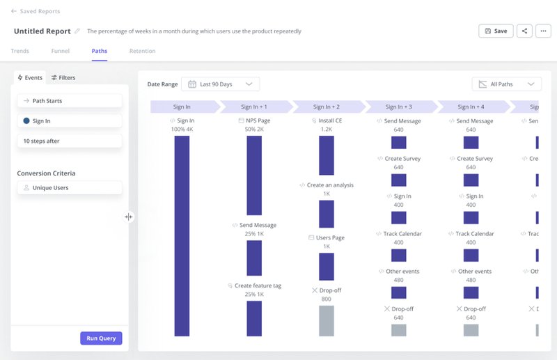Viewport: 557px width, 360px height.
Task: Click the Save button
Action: click(496, 31)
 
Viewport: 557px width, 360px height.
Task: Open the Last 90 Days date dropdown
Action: click(220, 84)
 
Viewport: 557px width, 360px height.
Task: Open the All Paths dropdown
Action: click(506, 84)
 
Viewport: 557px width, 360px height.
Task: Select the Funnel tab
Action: click(60, 52)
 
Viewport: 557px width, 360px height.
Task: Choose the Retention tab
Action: click(142, 52)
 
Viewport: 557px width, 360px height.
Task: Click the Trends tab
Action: click(20, 52)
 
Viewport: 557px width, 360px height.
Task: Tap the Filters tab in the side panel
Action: click(63, 78)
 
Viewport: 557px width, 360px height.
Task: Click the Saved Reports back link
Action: click(36, 12)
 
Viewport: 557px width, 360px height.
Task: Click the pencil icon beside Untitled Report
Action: click(77, 31)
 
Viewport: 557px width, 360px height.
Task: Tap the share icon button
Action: click(524, 31)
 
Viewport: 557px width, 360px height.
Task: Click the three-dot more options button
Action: click(544, 31)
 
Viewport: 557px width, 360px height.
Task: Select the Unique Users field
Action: click(70, 188)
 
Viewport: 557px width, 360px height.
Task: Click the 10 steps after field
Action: click(70, 141)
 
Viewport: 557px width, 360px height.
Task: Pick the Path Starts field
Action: click(70, 101)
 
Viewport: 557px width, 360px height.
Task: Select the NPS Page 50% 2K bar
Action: click(254, 175)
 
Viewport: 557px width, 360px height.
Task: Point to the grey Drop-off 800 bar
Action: click(327, 320)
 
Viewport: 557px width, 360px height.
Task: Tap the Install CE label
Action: click(327, 121)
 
